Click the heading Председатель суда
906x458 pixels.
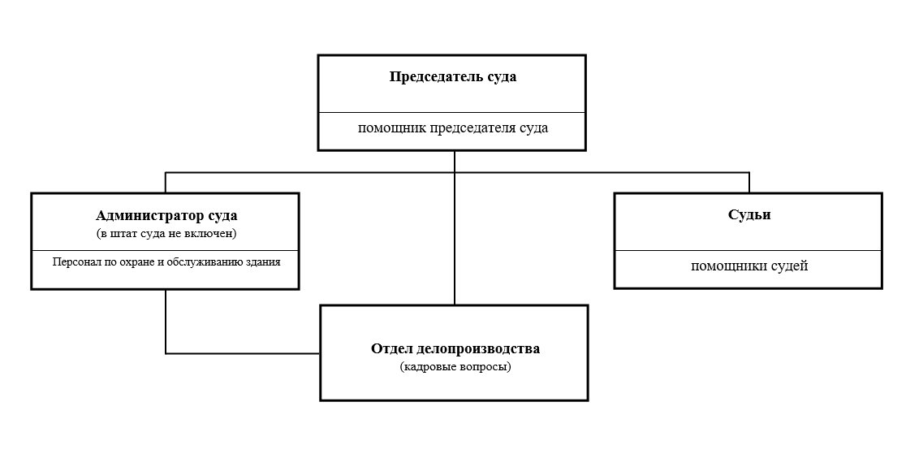click(452, 77)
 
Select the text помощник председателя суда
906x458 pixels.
click(452, 127)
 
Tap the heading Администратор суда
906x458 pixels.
click(166, 216)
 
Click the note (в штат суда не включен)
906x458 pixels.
click(166, 234)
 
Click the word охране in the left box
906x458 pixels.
click(132, 262)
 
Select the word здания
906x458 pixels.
click(265, 262)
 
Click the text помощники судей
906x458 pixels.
click(749, 266)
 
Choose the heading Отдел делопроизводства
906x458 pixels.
click(455, 348)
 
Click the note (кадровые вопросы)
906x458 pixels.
click(455, 366)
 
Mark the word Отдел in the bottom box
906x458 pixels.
click(390, 348)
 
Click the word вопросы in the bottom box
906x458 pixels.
click(486, 366)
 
